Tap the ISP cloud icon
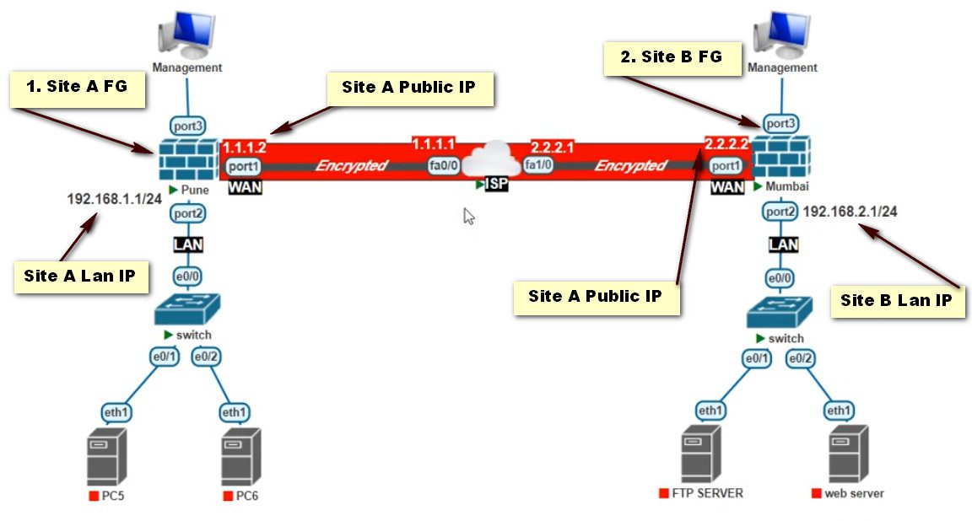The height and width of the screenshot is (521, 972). [x=492, y=160]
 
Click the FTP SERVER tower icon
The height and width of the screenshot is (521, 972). [x=701, y=454]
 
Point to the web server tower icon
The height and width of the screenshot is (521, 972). [x=848, y=454]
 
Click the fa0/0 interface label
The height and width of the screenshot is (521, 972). [x=444, y=166]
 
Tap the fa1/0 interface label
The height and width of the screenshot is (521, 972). [x=539, y=166]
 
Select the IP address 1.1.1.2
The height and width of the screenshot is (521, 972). [x=244, y=147]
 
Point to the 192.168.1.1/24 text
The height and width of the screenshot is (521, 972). [x=114, y=199]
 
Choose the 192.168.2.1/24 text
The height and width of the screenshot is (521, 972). [x=850, y=212]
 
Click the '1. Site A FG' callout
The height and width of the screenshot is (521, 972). [x=77, y=88]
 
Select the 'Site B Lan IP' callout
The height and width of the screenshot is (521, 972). [x=897, y=301]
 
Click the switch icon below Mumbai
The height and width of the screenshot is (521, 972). [x=780, y=311]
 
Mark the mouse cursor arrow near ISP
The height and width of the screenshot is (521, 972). [x=469, y=216]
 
